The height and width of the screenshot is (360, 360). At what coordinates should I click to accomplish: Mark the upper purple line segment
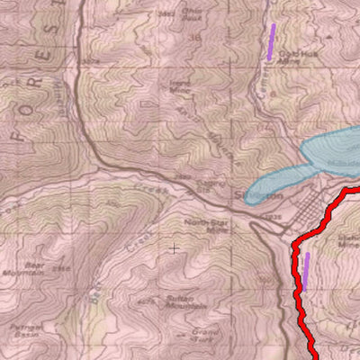[x=271, y=41]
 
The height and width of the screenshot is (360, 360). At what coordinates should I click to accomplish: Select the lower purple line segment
[x=306, y=271]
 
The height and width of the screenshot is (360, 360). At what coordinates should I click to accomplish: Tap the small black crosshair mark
[x=173, y=247]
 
